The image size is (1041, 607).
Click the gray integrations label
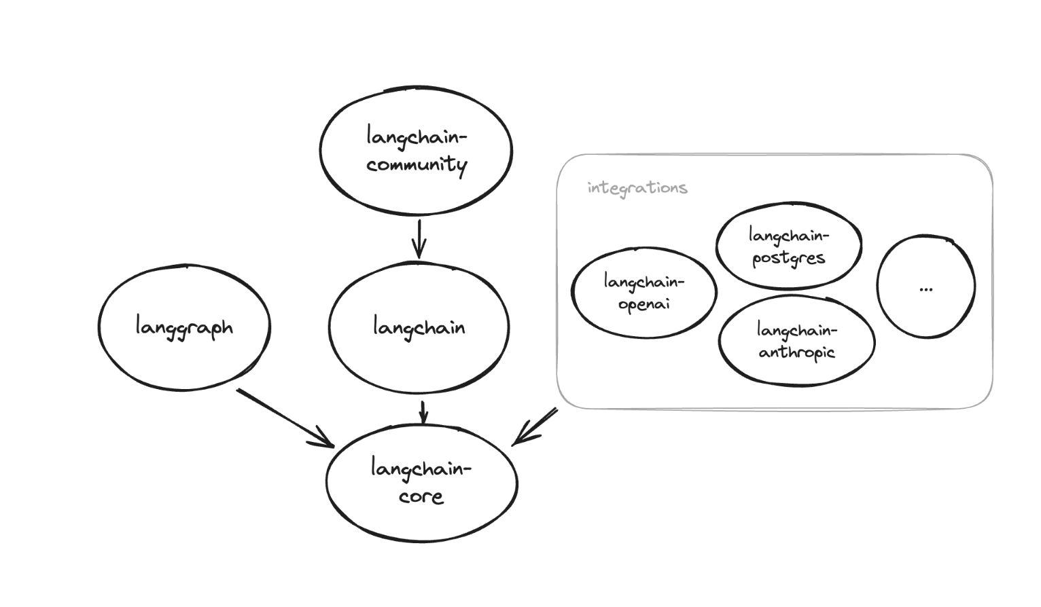[637, 188]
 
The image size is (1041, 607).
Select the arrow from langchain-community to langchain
[419, 238]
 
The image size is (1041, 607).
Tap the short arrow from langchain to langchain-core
[423, 411]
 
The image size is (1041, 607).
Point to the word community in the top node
[417, 165]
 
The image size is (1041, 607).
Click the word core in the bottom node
[421, 496]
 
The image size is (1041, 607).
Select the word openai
[643, 303]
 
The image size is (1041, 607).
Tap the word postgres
[788, 258]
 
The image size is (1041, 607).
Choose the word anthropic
[796, 352]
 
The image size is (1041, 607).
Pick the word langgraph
[183, 327]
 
